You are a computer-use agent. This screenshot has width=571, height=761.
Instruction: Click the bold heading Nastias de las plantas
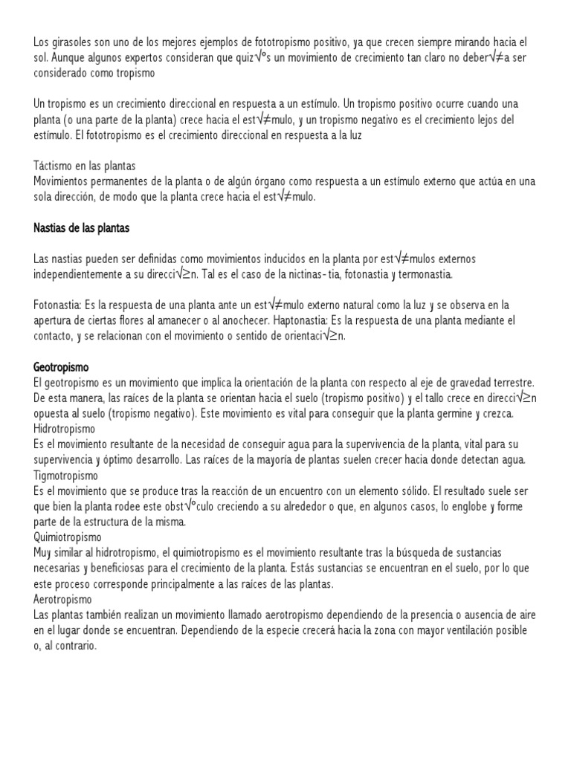pos(82,228)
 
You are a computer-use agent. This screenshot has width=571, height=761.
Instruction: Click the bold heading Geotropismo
pos(62,367)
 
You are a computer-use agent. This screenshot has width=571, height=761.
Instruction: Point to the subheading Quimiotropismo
pos(68,536)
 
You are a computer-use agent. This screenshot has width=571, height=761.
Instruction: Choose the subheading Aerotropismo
pos(63,598)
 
